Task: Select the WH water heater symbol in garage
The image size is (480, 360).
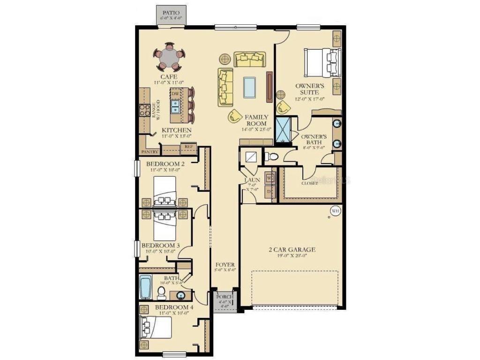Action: (x=336, y=210)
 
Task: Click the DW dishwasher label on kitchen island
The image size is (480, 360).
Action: (x=175, y=94)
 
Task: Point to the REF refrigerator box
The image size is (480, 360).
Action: (x=188, y=147)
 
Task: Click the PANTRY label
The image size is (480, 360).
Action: (x=150, y=152)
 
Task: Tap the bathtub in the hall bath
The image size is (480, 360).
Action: (x=145, y=287)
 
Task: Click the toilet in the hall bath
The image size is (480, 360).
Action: (x=161, y=293)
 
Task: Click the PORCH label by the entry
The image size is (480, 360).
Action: (x=225, y=297)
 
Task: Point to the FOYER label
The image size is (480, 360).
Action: (x=225, y=265)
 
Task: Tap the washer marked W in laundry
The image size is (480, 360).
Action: (x=270, y=179)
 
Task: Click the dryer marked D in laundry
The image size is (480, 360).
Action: (x=270, y=191)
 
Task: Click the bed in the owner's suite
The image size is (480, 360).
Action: (x=324, y=63)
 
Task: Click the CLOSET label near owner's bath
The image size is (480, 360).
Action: (x=309, y=183)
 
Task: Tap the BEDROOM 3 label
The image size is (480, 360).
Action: (x=160, y=245)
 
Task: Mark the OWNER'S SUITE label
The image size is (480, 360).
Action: (x=307, y=89)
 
